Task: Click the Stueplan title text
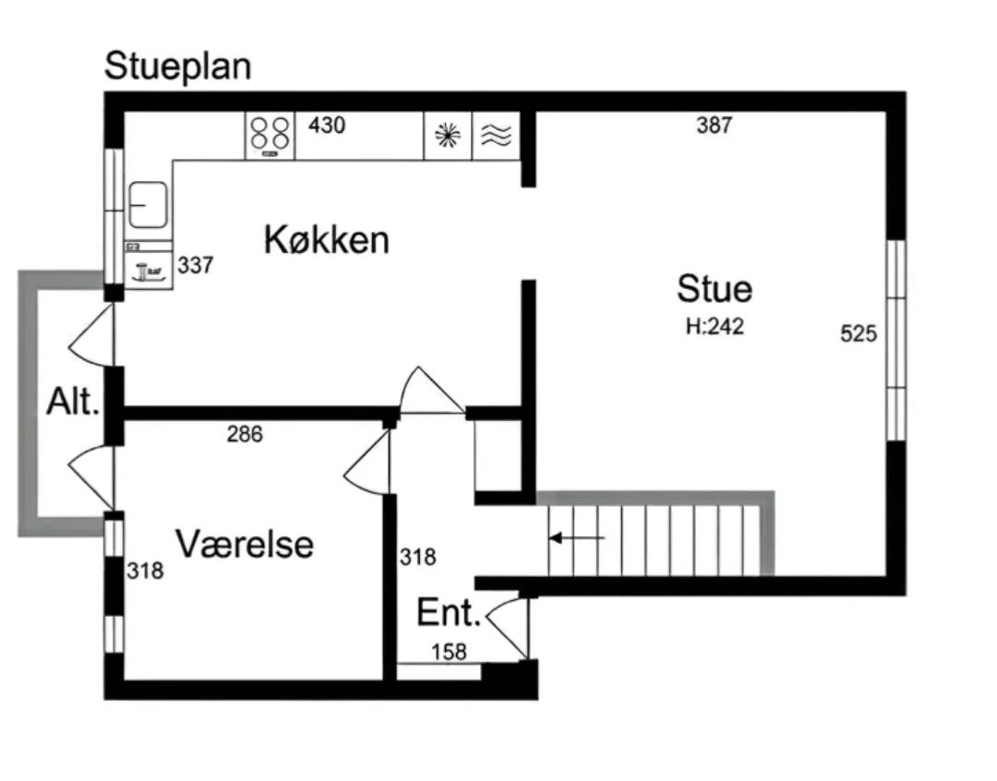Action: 177,66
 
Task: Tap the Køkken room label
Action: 326,240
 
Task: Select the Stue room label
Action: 715,288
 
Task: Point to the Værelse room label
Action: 245,544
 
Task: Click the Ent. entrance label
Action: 449,612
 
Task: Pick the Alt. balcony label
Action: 73,402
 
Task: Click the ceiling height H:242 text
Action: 715,326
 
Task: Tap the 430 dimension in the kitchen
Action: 327,126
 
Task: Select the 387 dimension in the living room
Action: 715,126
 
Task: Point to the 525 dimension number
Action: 859,333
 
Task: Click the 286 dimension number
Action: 245,435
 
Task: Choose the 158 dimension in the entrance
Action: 449,652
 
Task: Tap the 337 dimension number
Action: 196,265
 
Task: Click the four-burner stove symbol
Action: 270,136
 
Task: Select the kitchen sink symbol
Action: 148,205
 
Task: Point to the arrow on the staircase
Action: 577,539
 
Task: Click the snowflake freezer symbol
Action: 448,136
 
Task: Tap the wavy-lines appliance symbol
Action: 496,136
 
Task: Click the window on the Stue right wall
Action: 895,341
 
